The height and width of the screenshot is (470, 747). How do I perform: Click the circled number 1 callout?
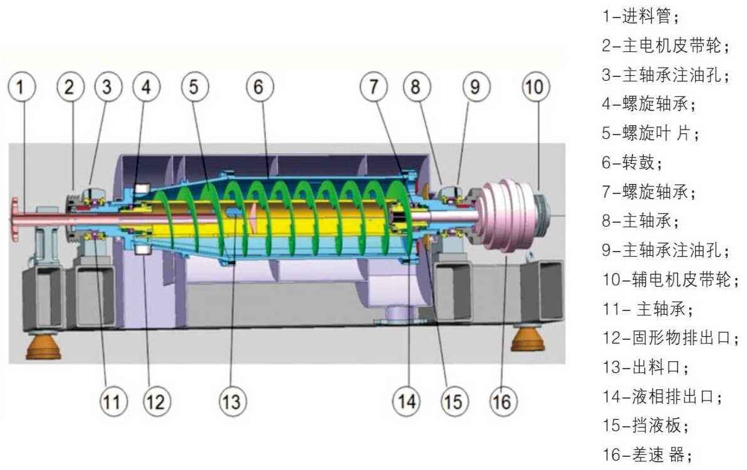(22, 88)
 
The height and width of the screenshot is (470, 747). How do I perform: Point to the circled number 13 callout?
(232, 401)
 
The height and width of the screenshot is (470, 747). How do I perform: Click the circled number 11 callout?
(113, 401)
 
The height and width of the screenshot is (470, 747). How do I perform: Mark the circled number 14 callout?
(408, 401)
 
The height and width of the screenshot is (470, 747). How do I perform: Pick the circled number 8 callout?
(415, 88)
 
